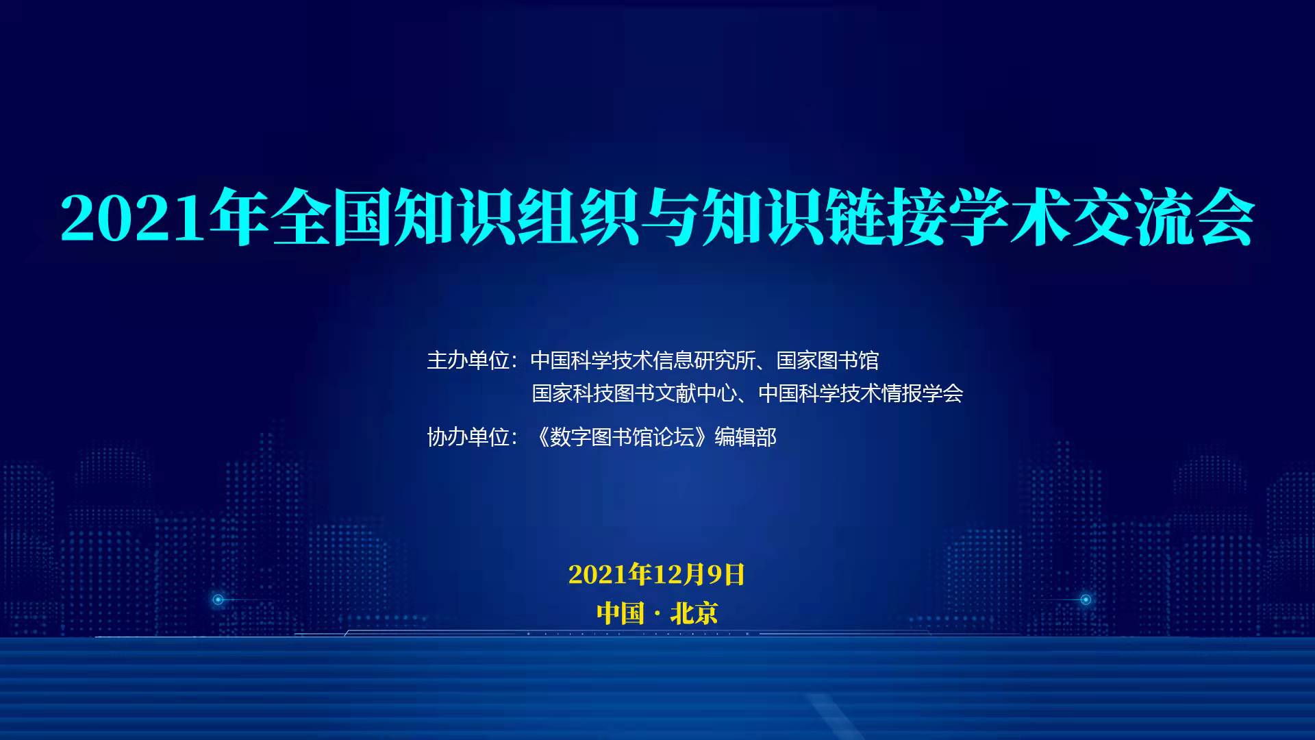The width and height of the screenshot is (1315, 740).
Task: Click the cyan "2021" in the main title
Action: [133, 219]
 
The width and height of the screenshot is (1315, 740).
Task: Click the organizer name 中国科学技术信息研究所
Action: [643, 360]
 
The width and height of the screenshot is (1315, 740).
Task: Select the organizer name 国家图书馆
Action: [827, 360]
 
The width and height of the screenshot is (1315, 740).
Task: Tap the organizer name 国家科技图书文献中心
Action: [635, 393]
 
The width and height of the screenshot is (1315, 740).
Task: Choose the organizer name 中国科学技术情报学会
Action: [861, 393]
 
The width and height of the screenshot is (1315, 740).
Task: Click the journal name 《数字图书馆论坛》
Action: [621, 437]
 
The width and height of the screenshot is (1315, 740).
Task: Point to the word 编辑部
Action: [746, 437]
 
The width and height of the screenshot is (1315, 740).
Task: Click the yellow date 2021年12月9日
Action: [657, 574]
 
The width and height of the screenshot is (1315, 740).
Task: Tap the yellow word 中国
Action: [621, 613]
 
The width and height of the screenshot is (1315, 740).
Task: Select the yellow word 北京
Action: [694, 613]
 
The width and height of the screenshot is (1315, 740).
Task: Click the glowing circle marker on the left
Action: [218, 600]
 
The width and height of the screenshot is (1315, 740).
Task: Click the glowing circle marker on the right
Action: [1086, 600]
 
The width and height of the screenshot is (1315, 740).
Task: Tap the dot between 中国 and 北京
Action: [657, 614]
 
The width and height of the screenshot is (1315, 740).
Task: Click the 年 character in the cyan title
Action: [239, 217]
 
